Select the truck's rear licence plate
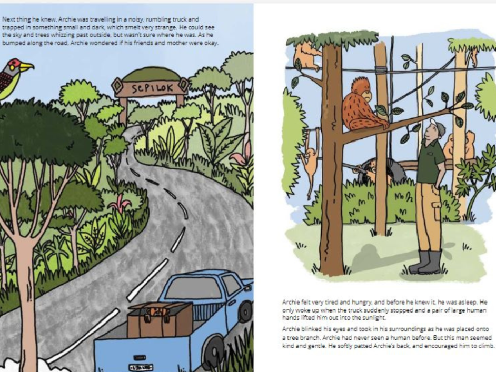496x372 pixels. (141, 367)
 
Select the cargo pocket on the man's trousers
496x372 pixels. (436, 210)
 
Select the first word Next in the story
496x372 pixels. (8, 19)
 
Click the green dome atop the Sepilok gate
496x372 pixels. (151, 75)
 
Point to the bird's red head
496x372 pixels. (13, 65)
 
